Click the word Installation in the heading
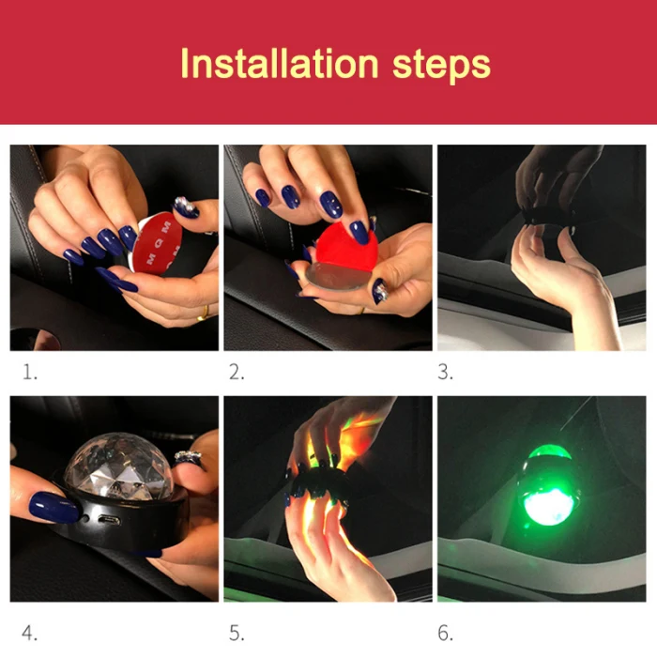point(280,64)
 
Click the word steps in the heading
point(441,67)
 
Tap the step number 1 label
point(29,372)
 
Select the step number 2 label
point(237,372)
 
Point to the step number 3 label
point(445,372)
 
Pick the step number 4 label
point(29,633)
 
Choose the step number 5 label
point(237,633)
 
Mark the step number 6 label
point(445,633)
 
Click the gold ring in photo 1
point(203,313)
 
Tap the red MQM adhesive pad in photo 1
point(156,243)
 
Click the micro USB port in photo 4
point(109,521)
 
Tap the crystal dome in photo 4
point(119,466)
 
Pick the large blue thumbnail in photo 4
point(53,508)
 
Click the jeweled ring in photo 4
point(188,458)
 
